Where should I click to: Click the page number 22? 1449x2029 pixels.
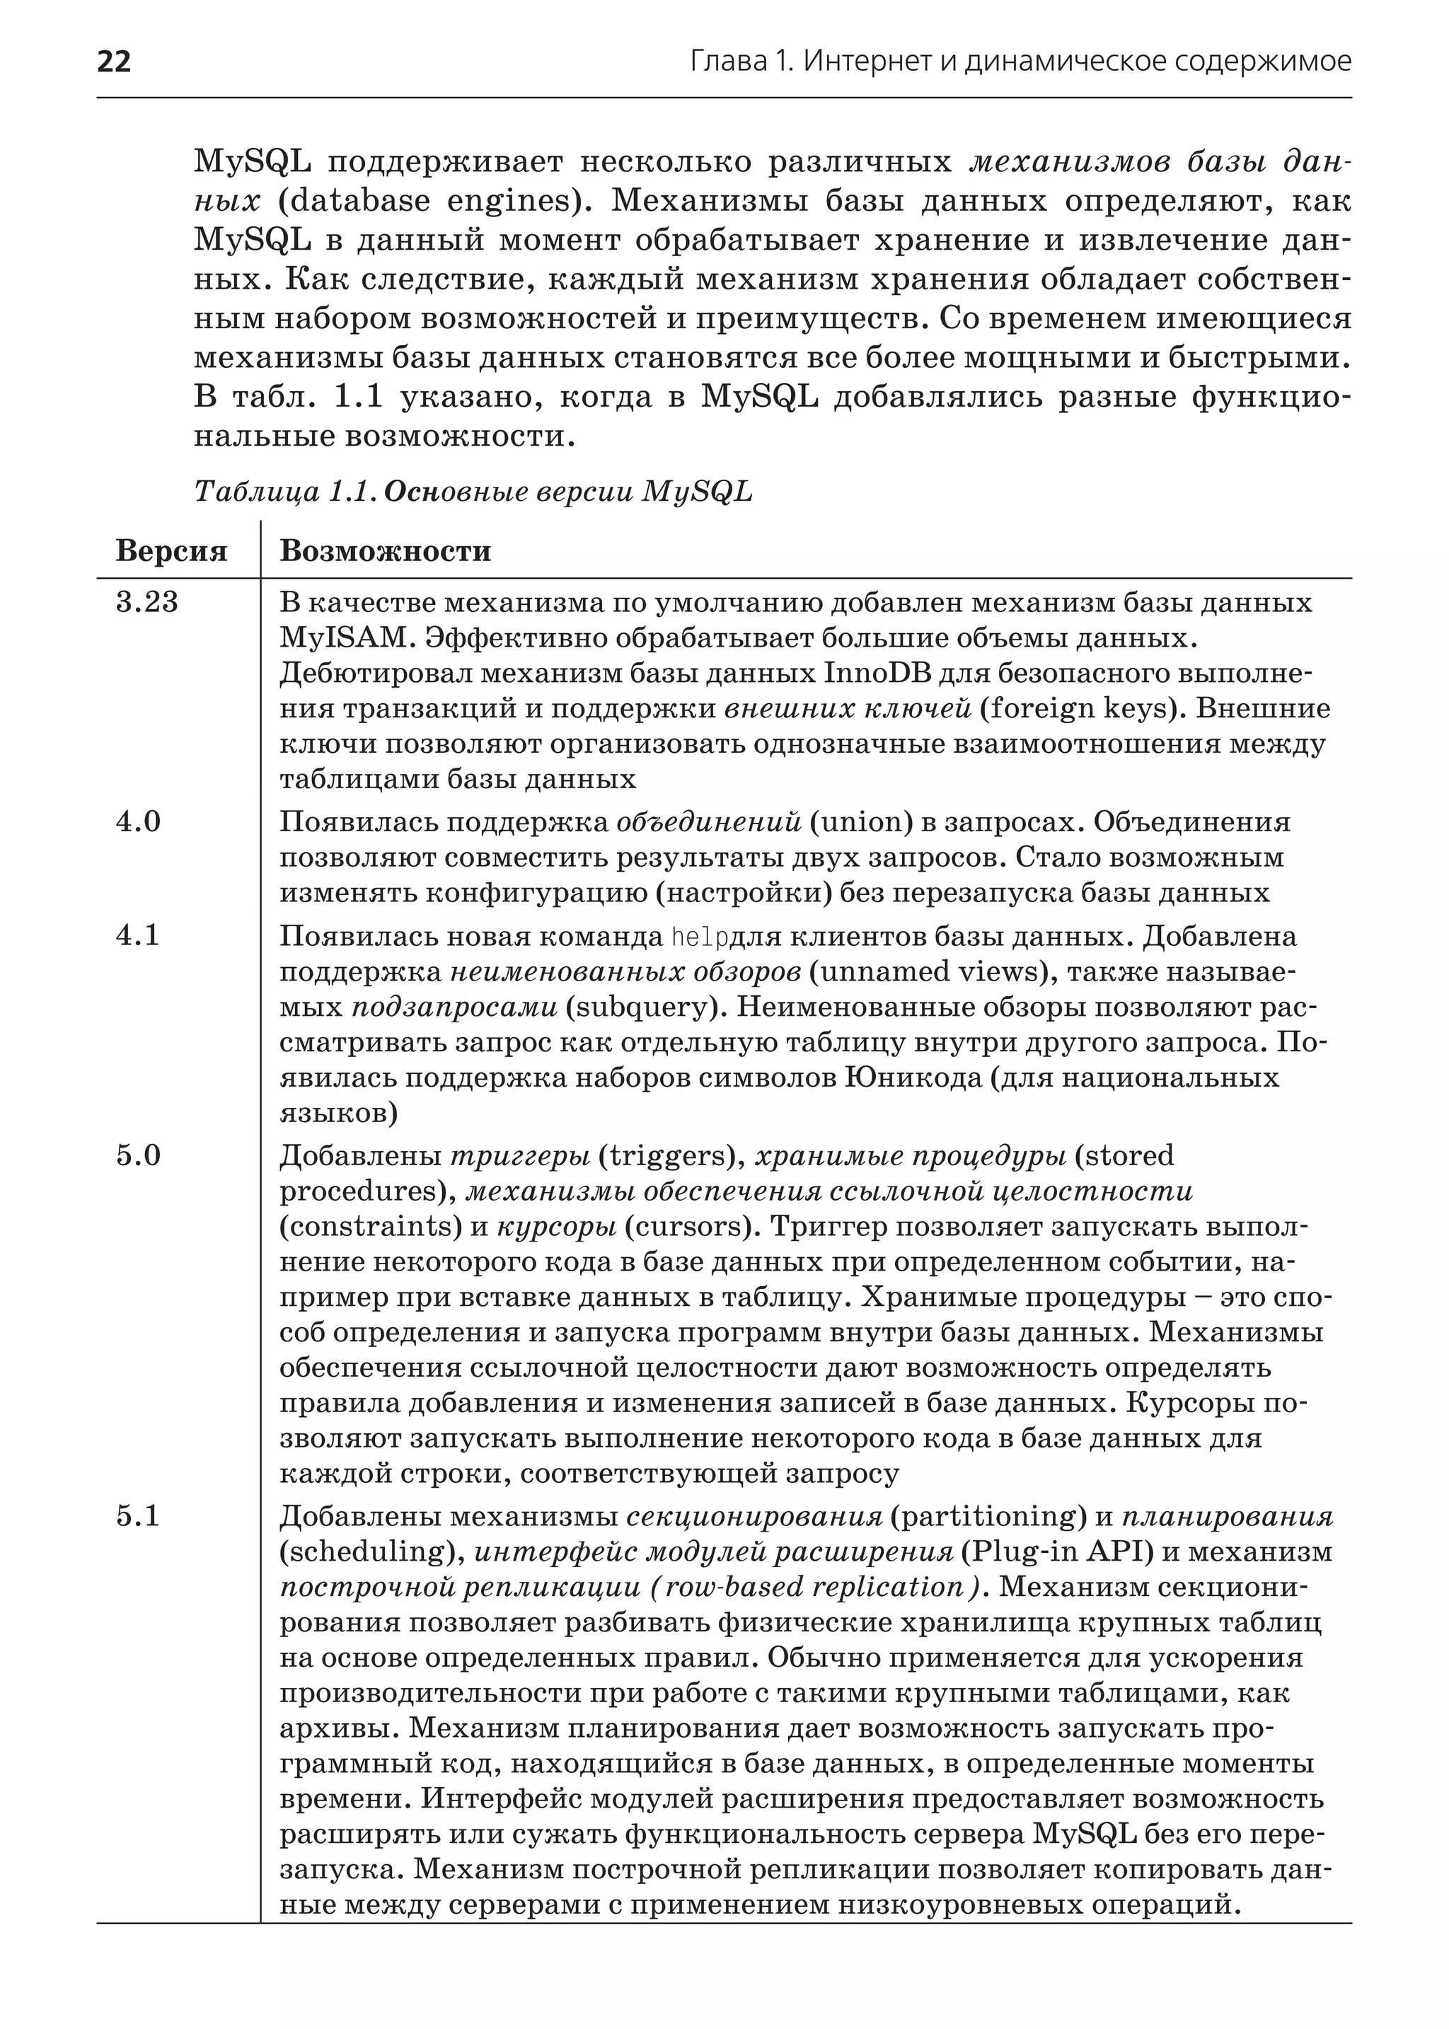click(x=113, y=62)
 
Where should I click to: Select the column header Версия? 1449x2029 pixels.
click(x=171, y=550)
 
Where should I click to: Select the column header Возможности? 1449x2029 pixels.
click(x=386, y=550)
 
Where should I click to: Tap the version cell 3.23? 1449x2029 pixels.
click(x=147, y=602)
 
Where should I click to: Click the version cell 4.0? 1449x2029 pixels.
click(x=138, y=821)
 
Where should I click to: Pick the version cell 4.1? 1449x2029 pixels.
click(x=138, y=935)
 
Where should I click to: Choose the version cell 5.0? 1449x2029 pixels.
click(x=138, y=1155)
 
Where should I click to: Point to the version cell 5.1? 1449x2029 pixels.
click(x=138, y=1516)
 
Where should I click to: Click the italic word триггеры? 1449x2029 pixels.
click(x=520, y=1155)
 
